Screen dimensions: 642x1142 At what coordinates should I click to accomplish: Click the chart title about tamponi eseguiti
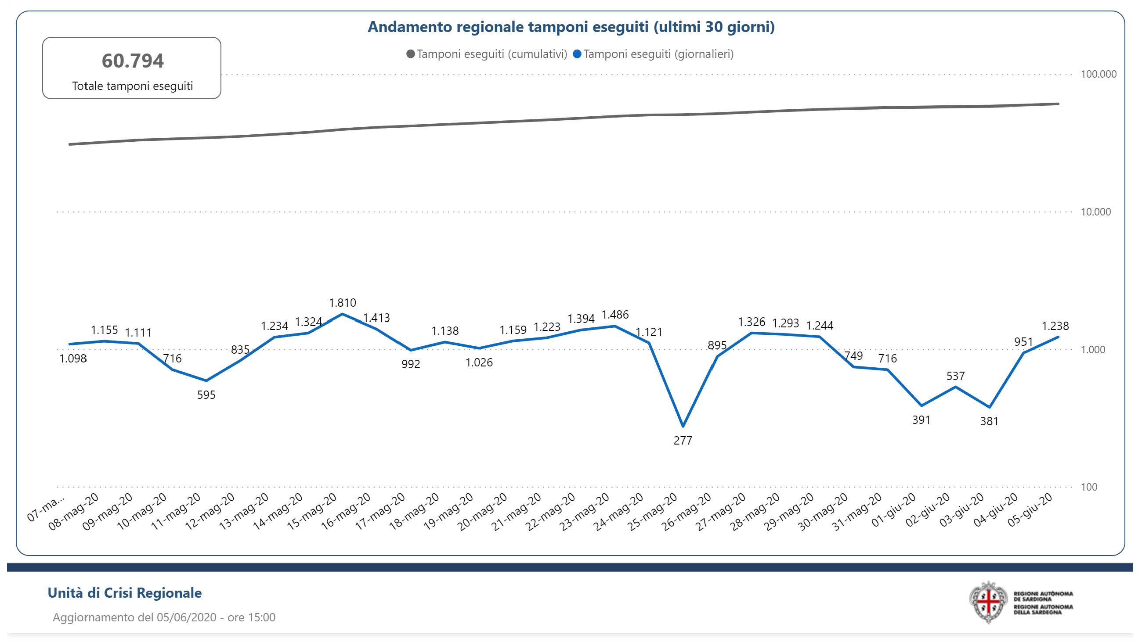click(571, 27)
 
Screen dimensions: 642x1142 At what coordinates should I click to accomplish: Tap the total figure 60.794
click(133, 61)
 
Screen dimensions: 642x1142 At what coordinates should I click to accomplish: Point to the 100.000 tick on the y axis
click(1098, 74)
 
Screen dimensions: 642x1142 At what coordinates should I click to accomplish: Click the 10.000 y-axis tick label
click(1095, 212)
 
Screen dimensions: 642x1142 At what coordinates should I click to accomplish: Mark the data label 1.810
click(342, 303)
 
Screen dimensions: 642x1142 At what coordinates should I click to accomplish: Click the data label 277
click(683, 441)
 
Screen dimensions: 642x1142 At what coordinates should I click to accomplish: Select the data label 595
click(206, 395)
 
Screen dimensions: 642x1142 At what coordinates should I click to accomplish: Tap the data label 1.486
click(615, 315)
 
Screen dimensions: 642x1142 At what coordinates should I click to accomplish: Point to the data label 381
click(989, 421)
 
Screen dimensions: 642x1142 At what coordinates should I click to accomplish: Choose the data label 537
click(955, 376)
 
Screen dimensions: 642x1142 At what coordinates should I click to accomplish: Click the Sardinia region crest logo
click(988, 603)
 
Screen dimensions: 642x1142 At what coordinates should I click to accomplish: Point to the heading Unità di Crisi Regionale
click(125, 593)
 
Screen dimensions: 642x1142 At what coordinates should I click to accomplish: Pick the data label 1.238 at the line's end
click(1055, 326)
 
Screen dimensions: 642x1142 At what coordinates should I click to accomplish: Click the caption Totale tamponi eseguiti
click(133, 86)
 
